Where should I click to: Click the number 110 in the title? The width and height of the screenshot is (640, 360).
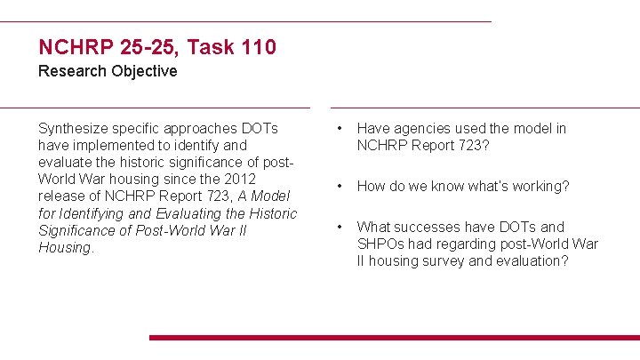(257, 46)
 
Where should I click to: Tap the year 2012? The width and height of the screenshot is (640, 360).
(264, 179)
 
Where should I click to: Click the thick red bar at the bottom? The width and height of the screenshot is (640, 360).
(394, 338)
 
